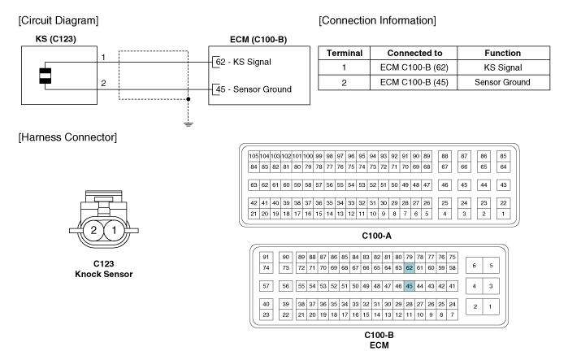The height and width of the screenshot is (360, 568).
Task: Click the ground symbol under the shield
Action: [x=189, y=124]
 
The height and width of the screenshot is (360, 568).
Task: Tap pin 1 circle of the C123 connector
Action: [x=115, y=231]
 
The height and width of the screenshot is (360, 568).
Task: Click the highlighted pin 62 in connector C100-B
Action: [x=410, y=267]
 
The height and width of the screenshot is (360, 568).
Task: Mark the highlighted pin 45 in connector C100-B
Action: [x=410, y=286]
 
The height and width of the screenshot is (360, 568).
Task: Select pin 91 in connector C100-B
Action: [x=266, y=256]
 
